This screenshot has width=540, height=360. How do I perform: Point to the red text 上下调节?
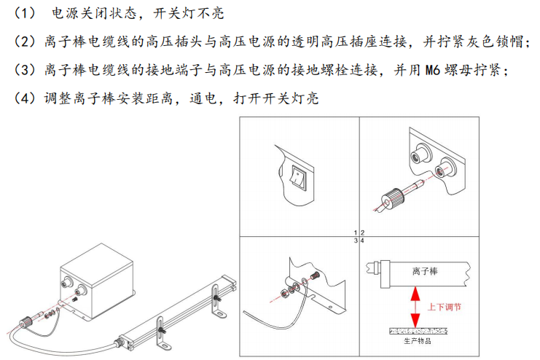[x=445, y=307]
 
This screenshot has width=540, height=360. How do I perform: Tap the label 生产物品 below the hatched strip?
[x=418, y=341]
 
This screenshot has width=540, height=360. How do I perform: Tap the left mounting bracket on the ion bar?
[x=163, y=332]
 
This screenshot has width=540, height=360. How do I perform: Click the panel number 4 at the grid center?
[x=362, y=240]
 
